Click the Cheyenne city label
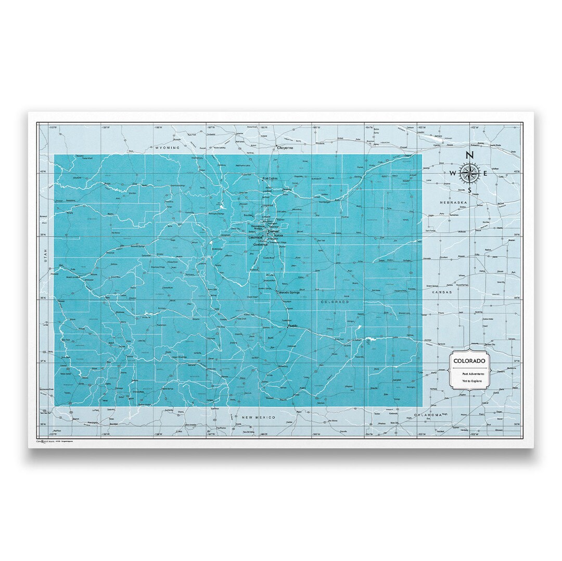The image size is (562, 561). coord(285,148)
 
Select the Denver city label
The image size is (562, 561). coord(274,231)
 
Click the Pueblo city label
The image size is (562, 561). coord(291,325)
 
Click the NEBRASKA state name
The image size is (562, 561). coord(451,202)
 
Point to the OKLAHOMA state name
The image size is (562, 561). coord(428,414)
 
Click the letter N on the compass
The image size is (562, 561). coord(469,155)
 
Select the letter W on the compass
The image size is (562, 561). coord(452,174)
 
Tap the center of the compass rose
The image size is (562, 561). coord(469,174)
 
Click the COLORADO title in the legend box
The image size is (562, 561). coord(469,361)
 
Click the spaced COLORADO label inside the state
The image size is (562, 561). coord(334,302)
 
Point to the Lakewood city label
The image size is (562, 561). coord(256,238)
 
